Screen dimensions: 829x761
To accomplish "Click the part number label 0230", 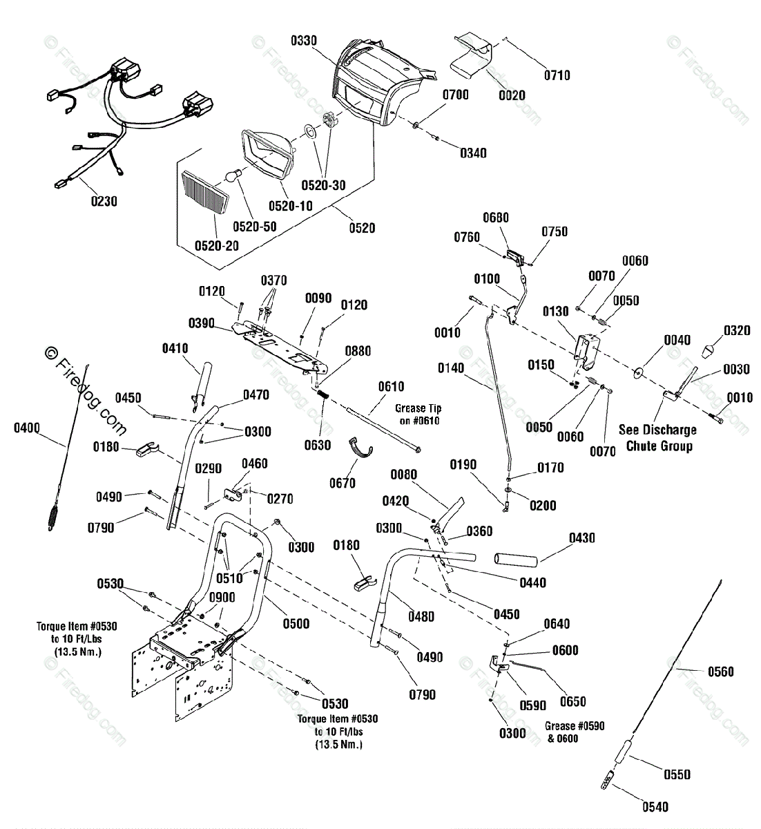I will (104, 202).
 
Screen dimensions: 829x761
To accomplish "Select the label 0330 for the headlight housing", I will (304, 41).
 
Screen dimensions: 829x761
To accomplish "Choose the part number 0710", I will (557, 75).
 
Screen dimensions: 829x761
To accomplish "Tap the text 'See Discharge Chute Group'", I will (658, 438).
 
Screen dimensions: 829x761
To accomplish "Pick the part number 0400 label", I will (26, 429).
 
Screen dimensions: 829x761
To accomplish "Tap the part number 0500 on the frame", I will (296, 624).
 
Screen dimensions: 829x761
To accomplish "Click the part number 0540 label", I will (655, 806).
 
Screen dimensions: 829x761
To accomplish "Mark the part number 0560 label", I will (721, 671).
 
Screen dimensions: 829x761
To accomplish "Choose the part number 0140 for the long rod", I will (451, 368).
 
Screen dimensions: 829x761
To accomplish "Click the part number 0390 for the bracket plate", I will (202, 323).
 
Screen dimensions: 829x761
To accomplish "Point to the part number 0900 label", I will (222, 598).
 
